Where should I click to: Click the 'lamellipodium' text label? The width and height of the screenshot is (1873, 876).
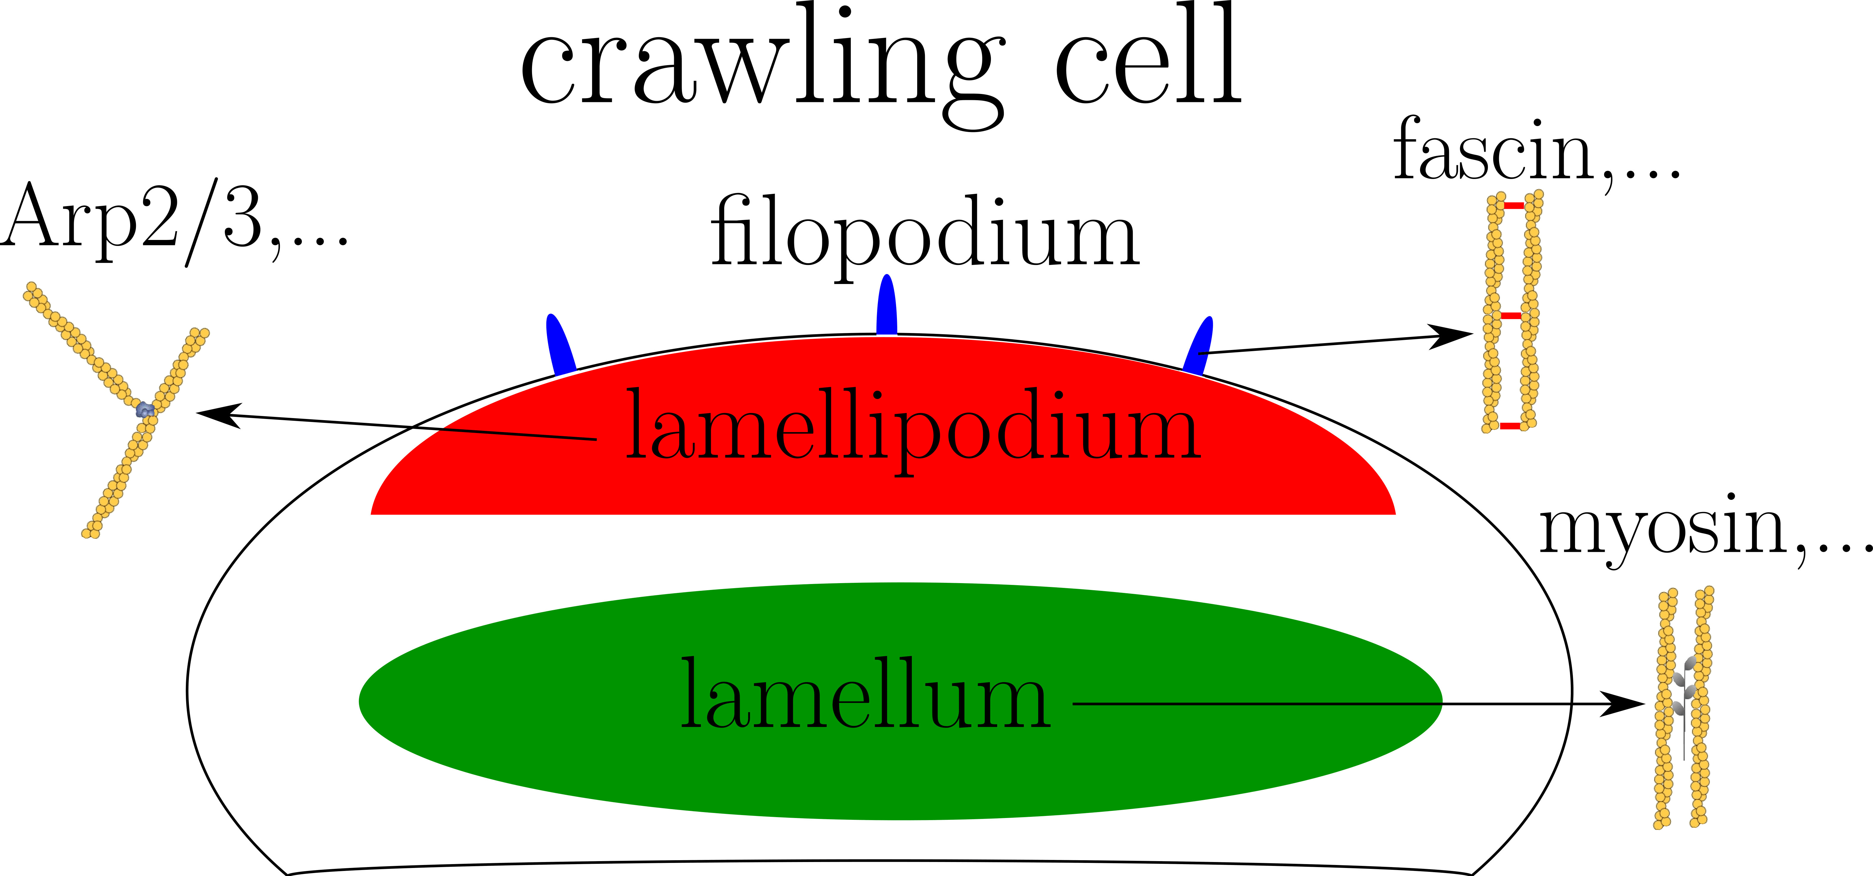(912, 429)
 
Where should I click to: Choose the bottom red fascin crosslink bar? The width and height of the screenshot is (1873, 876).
(1510, 426)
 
